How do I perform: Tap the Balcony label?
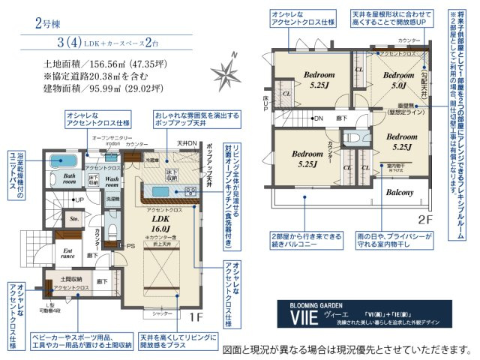tap(400, 193)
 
